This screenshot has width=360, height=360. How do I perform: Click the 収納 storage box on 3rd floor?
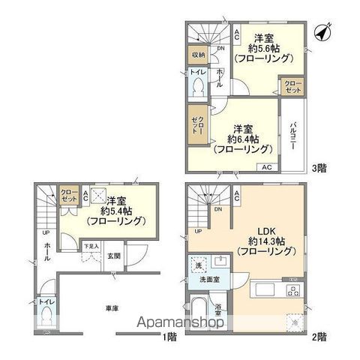tap(196, 54)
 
